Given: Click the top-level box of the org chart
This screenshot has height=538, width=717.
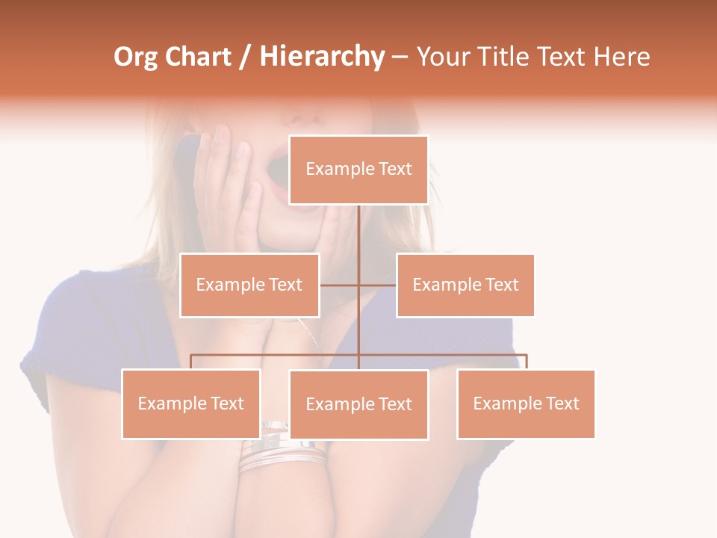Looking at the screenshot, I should [358, 170].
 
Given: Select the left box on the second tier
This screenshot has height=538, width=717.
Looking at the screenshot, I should [249, 285].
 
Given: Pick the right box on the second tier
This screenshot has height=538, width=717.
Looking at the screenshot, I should [465, 285].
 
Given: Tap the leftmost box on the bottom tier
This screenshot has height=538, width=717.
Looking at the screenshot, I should [191, 403].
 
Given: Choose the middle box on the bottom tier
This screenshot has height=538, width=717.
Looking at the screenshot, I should [358, 404].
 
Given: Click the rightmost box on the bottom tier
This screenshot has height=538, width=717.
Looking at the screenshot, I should [526, 403].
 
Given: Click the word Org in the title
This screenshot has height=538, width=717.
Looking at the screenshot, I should [135, 57].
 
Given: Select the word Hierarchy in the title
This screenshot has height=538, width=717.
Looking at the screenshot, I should [321, 57].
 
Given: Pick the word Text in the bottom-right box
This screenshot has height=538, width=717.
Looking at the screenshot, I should [562, 403].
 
